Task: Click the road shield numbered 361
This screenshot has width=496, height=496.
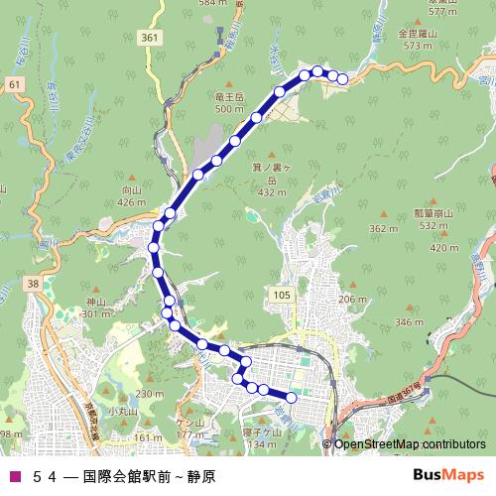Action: [x=149, y=39]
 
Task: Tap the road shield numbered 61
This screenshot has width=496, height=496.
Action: [x=14, y=86]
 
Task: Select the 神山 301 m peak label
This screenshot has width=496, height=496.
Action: [x=95, y=308]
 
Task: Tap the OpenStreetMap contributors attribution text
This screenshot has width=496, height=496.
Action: [x=410, y=443]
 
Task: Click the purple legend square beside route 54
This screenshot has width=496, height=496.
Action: [x=13, y=475]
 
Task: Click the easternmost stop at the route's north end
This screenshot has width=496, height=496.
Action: [x=343, y=79]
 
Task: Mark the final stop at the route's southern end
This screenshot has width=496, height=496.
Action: [x=292, y=399]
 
